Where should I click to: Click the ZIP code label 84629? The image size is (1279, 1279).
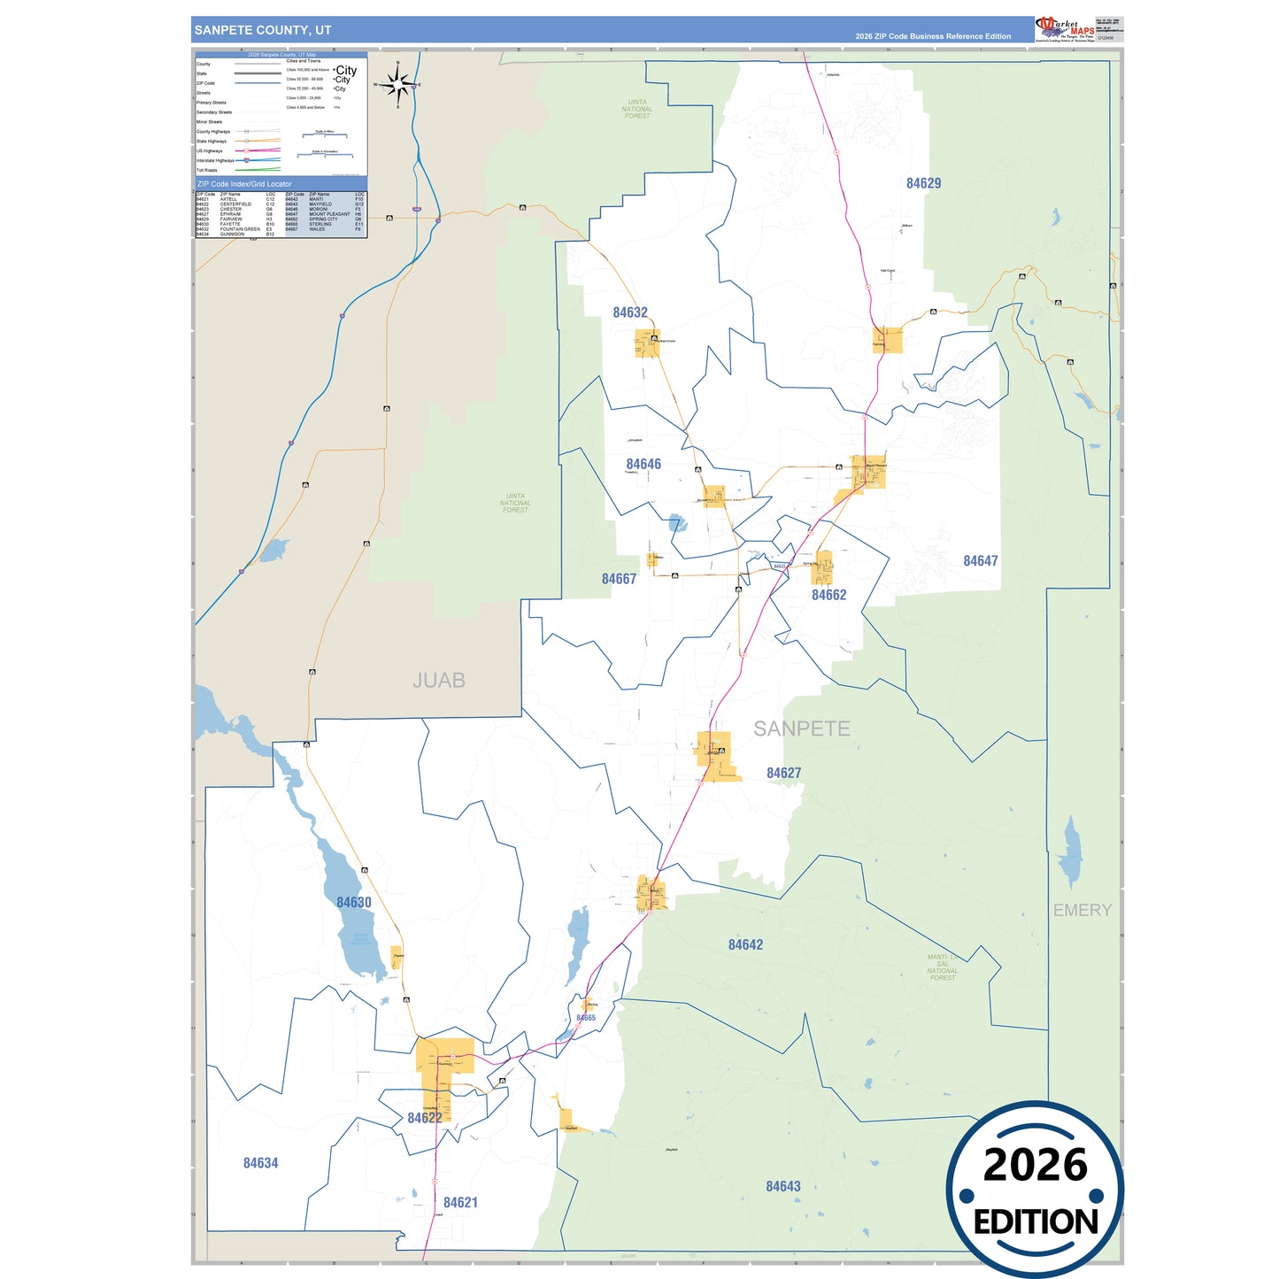[923, 183]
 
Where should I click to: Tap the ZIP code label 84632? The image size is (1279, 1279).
[630, 312]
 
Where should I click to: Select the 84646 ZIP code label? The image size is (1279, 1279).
[643, 464]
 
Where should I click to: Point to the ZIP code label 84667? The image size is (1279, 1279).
[619, 579]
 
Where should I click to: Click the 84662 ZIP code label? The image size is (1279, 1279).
[828, 595]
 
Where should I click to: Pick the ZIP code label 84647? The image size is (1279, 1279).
[980, 561]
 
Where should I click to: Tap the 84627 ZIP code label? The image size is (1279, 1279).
[783, 773]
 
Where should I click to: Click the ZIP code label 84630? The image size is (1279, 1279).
[354, 902]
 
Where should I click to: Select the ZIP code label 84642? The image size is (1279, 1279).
[745, 944]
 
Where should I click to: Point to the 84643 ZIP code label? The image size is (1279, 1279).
[782, 1186]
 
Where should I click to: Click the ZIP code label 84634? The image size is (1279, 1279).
[260, 1163]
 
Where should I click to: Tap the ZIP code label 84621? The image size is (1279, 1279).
[460, 1202]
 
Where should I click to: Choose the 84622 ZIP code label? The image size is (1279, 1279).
[425, 1118]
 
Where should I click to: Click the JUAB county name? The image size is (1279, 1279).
[439, 680]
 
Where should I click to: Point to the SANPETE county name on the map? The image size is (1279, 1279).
[801, 728]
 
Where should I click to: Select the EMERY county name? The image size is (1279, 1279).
[1082, 910]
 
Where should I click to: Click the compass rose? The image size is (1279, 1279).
[397, 85]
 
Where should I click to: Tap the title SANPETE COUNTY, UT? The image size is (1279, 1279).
[263, 30]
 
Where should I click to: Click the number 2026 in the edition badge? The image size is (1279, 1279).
[1035, 1165]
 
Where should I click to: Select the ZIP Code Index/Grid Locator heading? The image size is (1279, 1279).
[244, 184]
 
